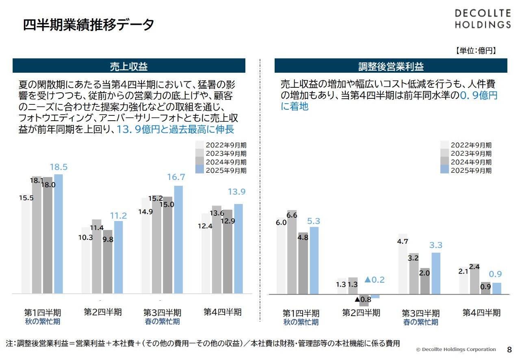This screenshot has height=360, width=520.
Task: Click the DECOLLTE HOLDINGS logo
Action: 482,19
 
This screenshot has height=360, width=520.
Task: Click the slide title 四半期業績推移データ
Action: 89,25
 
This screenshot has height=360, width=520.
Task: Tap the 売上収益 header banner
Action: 129,66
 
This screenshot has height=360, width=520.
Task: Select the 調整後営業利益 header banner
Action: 391,66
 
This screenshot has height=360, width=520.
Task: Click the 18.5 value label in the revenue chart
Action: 58,167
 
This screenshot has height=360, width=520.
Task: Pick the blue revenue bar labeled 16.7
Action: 178,240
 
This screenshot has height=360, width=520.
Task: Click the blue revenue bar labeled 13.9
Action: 238,249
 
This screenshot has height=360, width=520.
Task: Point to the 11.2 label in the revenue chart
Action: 119,216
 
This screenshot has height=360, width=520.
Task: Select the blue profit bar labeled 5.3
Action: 314,260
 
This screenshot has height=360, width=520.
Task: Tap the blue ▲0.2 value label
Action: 374,280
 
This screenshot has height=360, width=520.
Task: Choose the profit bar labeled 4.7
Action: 403,264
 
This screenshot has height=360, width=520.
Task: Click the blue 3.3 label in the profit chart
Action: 435,245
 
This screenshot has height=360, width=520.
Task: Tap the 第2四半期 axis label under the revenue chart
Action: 103,312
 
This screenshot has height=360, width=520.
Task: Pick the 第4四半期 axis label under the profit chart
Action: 481,312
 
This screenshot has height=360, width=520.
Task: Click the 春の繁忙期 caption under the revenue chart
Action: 162,322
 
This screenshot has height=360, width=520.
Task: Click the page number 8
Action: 509,349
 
